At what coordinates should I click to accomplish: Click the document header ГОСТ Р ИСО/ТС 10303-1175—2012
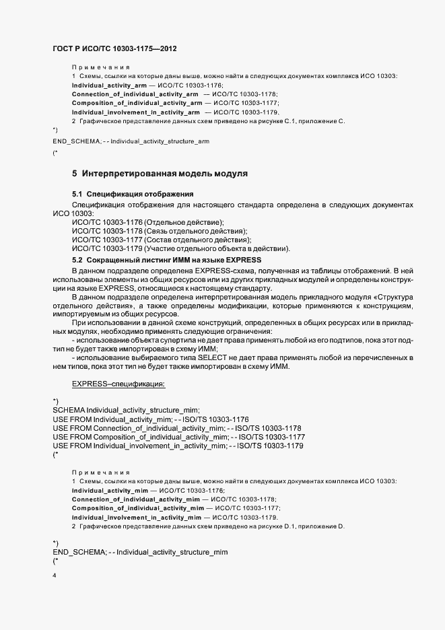click(115, 48)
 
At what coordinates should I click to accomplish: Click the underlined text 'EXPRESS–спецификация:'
click(118, 384)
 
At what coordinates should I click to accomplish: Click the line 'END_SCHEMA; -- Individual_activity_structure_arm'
click(131, 141)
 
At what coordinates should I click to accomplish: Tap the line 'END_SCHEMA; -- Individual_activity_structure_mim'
click(139, 552)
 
